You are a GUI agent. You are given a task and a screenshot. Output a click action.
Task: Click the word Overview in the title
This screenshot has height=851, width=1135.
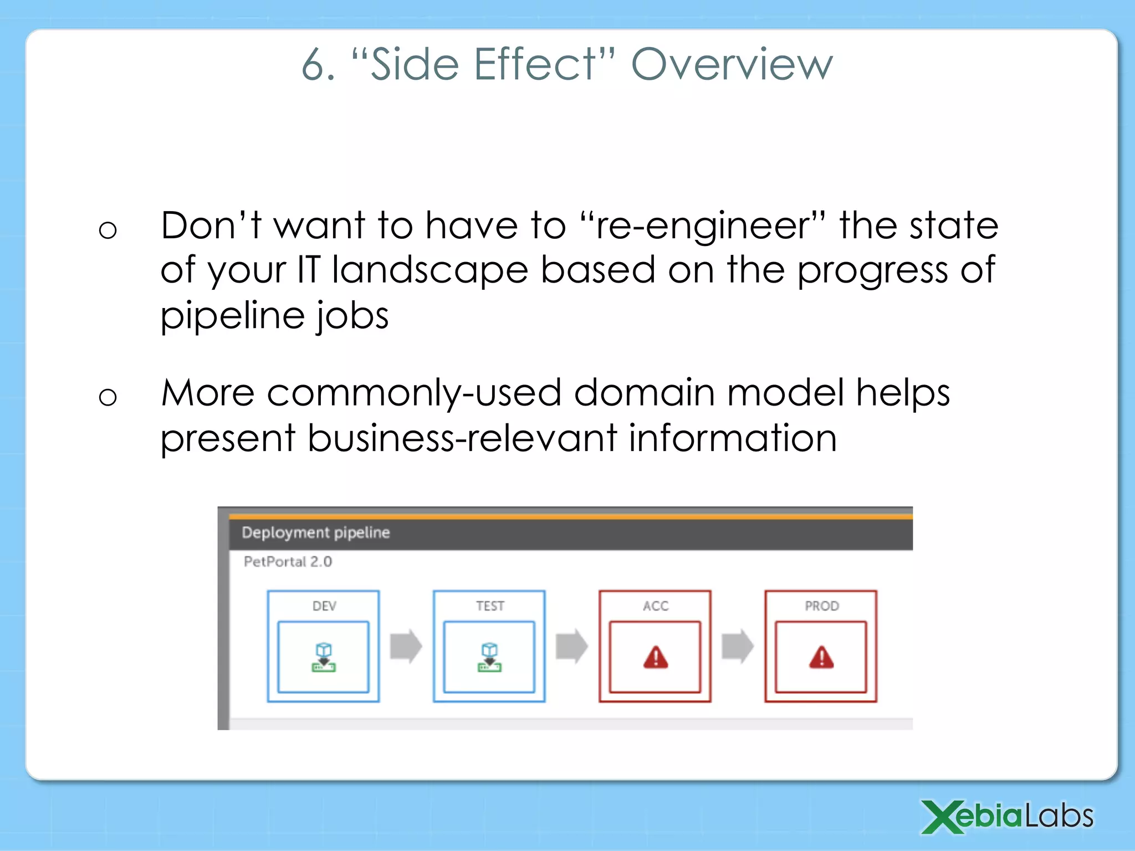click(x=732, y=65)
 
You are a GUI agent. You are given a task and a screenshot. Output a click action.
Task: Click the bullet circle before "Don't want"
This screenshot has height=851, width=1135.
click(x=108, y=229)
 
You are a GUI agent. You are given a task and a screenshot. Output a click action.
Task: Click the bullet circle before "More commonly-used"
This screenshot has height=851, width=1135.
click(x=108, y=397)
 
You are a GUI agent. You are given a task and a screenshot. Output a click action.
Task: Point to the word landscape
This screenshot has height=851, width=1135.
click(x=430, y=271)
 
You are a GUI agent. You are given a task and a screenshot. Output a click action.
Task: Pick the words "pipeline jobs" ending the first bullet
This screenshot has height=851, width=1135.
click(x=274, y=316)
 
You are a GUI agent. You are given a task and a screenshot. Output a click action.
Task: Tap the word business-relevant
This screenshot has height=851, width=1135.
click(x=462, y=438)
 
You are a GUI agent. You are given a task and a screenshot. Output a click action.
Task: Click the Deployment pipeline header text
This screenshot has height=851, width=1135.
click(x=315, y=532)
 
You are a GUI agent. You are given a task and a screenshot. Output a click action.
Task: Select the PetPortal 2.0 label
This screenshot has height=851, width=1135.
click(x=288, y=562)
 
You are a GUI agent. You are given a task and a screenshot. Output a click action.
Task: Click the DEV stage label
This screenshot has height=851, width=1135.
click(x=324, y=606)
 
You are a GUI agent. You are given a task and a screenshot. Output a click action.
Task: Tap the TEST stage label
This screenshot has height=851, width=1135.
click(x=490, y=606)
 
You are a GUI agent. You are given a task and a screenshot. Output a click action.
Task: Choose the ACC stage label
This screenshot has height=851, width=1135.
click(x=656, y=606)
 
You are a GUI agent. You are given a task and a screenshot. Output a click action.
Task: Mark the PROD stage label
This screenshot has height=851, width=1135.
click(x=821, y=606)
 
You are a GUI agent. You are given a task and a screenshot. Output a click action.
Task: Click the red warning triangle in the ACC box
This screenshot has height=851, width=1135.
click(x=656, y=658)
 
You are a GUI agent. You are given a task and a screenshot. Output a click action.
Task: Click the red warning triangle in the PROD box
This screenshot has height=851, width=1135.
click(x=821, y=658)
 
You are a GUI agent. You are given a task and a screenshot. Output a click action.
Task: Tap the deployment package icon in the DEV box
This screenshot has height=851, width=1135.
click(x=324, y=658)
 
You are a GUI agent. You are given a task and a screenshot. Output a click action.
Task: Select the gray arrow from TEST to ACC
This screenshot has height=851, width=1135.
click(x=571, y=646)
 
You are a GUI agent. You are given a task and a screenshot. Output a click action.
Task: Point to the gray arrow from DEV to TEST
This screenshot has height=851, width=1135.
click(x=406, y=646)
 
